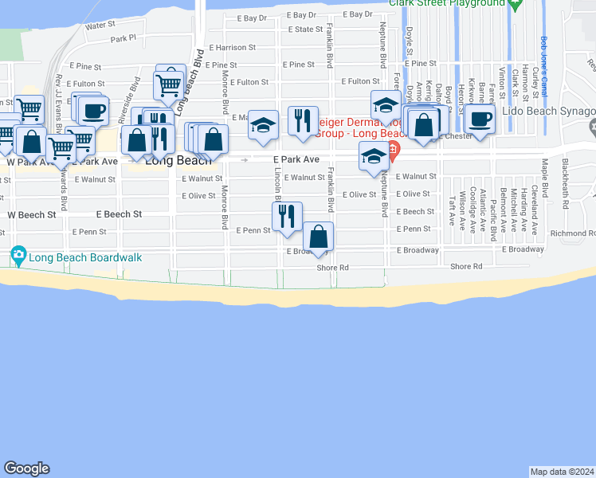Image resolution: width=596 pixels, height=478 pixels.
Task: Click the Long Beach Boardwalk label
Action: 73,257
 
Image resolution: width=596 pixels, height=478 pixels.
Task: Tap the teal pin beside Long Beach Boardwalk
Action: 18,257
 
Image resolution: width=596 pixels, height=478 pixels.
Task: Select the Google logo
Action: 27,468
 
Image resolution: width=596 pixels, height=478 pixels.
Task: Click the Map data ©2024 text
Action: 562,472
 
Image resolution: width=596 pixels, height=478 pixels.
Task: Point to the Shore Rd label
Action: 467,267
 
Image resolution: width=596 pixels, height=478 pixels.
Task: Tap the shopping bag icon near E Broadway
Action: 318,237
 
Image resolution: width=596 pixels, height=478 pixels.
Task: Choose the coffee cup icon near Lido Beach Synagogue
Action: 479,119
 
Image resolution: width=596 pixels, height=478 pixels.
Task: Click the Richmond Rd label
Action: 573,233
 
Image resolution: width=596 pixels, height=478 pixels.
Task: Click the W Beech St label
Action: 32,215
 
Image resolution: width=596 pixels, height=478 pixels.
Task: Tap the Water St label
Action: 100,25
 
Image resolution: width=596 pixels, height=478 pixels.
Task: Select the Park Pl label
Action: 124,37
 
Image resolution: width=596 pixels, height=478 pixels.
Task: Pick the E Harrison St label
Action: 230,48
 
